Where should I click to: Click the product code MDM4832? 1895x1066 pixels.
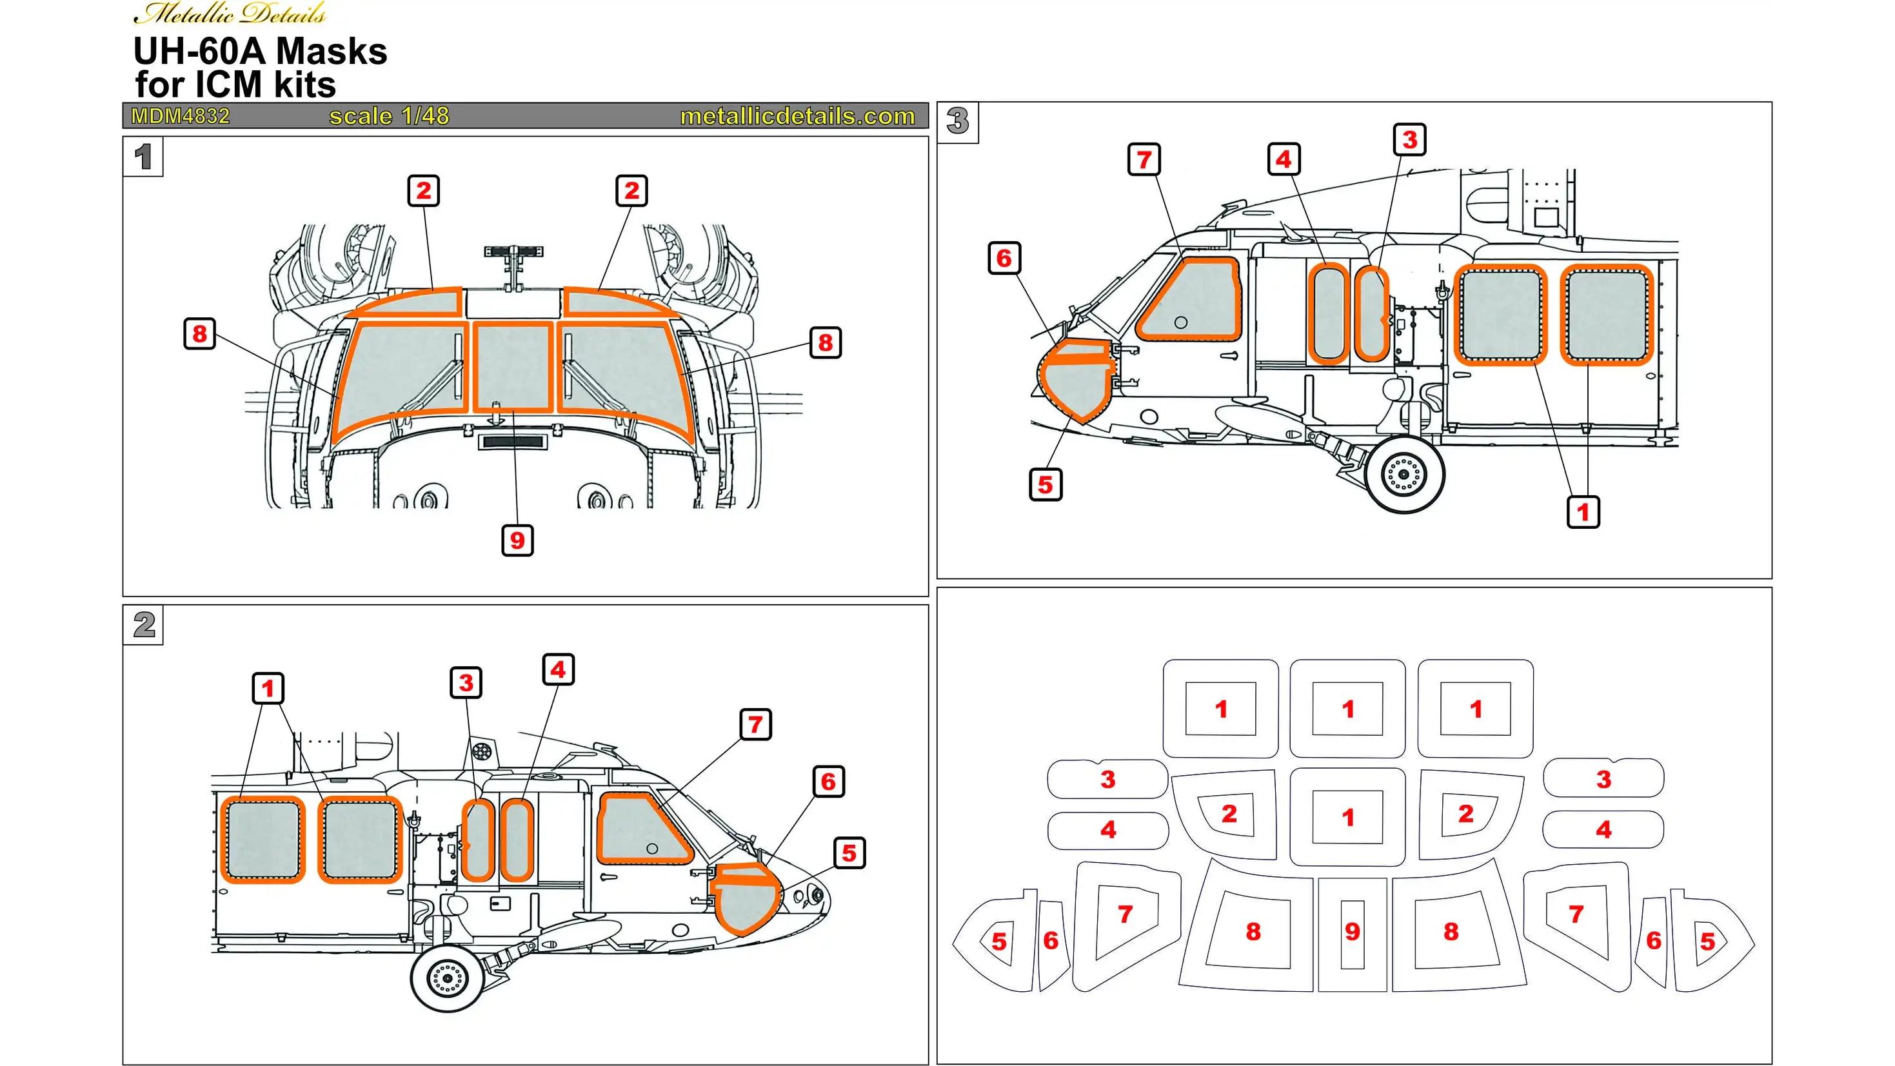click(x=180, y=116)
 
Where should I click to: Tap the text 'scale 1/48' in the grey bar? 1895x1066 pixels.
click(x=389, y=116)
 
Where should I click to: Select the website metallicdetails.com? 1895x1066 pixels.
click(x=797, y=116)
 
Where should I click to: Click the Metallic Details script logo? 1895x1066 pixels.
click(x=230, y=14)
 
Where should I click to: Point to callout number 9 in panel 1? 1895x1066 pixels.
click(x=517, y=540)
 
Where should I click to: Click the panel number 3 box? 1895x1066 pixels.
click(x=958, y=122)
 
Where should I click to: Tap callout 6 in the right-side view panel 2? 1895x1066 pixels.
click(x=828, y=782)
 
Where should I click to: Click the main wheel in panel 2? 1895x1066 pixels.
click(x=447, y=977)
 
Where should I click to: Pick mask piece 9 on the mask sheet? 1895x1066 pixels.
click(x=1352, y=934)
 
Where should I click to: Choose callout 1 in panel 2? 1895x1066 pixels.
click(x=268, y=689)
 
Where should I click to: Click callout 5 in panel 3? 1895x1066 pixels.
click(x=1046, y=485)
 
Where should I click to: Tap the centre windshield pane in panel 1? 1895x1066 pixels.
click(x=513, y=366)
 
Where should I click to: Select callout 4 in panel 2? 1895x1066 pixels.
click(x=559, y=670)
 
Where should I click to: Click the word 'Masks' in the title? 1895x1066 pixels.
click(x=331, y=52)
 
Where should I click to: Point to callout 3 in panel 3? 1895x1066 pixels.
click(x=1410, y=140)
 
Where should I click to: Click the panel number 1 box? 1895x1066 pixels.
click(x=143, y=157)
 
